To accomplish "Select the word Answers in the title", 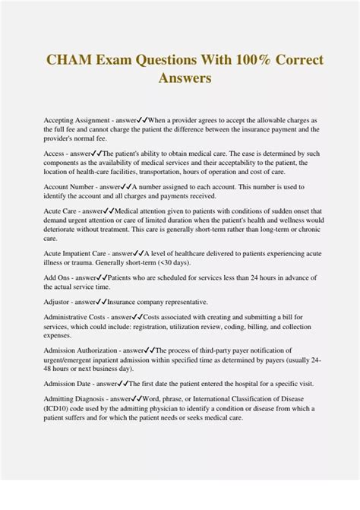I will [x=185, y=78].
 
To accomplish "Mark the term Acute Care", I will [x=61, y=211].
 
